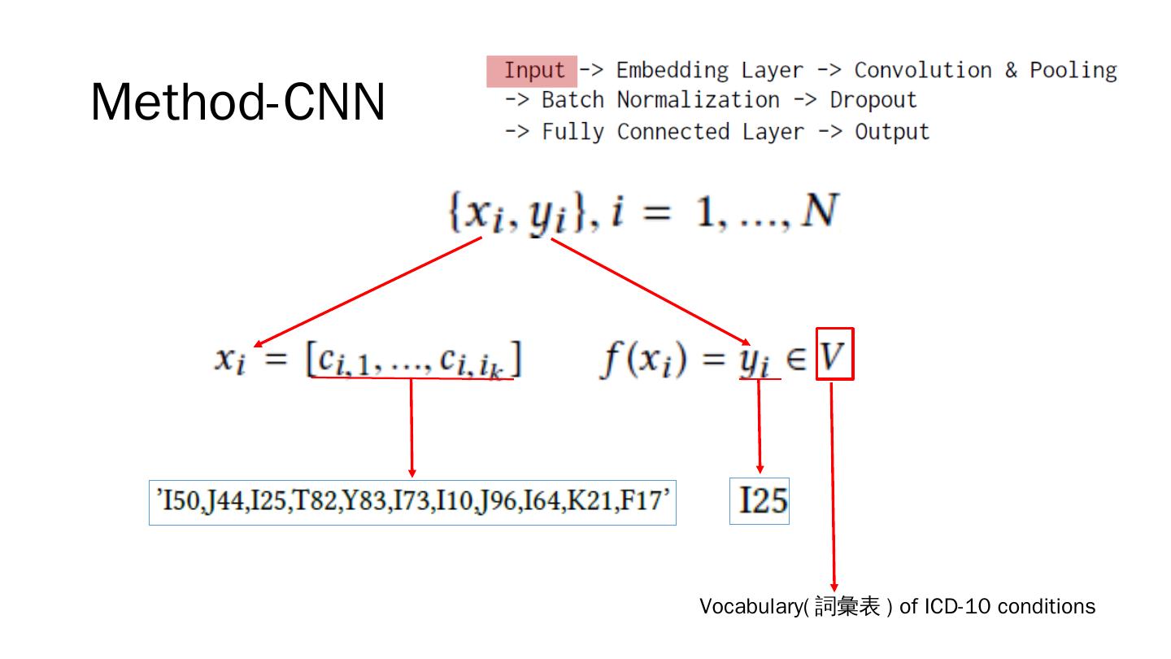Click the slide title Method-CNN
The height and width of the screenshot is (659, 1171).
click(x=237, y=103)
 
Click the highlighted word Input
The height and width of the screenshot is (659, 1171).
click(x=533, y=71)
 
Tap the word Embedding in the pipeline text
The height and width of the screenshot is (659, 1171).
click(x=672, y=71)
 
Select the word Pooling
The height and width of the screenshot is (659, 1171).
click(x=1073, y=71)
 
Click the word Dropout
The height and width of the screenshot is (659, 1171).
click(x=873, y=101)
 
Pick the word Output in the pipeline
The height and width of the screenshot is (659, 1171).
click(x=891, y=132)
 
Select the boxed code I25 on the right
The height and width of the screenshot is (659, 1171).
click(x=760, y=501)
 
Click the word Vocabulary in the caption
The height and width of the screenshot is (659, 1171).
click(x=750, y=607)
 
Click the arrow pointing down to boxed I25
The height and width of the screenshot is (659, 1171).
click(x=760, y=427)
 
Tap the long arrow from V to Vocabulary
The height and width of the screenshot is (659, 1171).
click(x=833, y=488)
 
